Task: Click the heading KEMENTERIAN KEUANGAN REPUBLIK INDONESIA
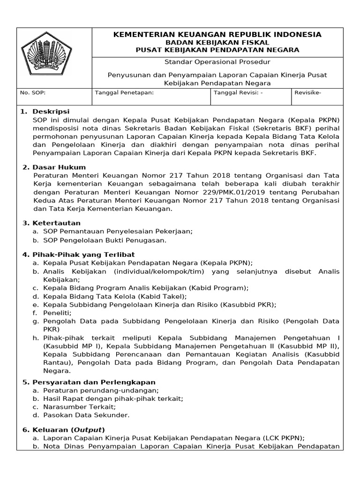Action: tap(217, 35)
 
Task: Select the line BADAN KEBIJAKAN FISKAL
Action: tap(217, 42)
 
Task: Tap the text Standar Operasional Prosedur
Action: tap(217, 62)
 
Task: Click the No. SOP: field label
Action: tap(33, 93)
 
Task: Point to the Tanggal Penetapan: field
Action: tap(124, 93)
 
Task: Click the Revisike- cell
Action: tap(308, 93)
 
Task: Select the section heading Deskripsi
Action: tap(51, 112)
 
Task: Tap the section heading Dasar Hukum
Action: tap(59, 167)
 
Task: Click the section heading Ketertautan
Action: tap(56, 223)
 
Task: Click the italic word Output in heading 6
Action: tap(87, 430)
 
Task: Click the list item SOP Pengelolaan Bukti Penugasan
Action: tap(105, 240)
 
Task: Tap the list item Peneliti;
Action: tap(57, 313)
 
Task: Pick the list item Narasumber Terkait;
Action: tap(79, 407)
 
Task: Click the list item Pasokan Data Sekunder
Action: tap(86, 415)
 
